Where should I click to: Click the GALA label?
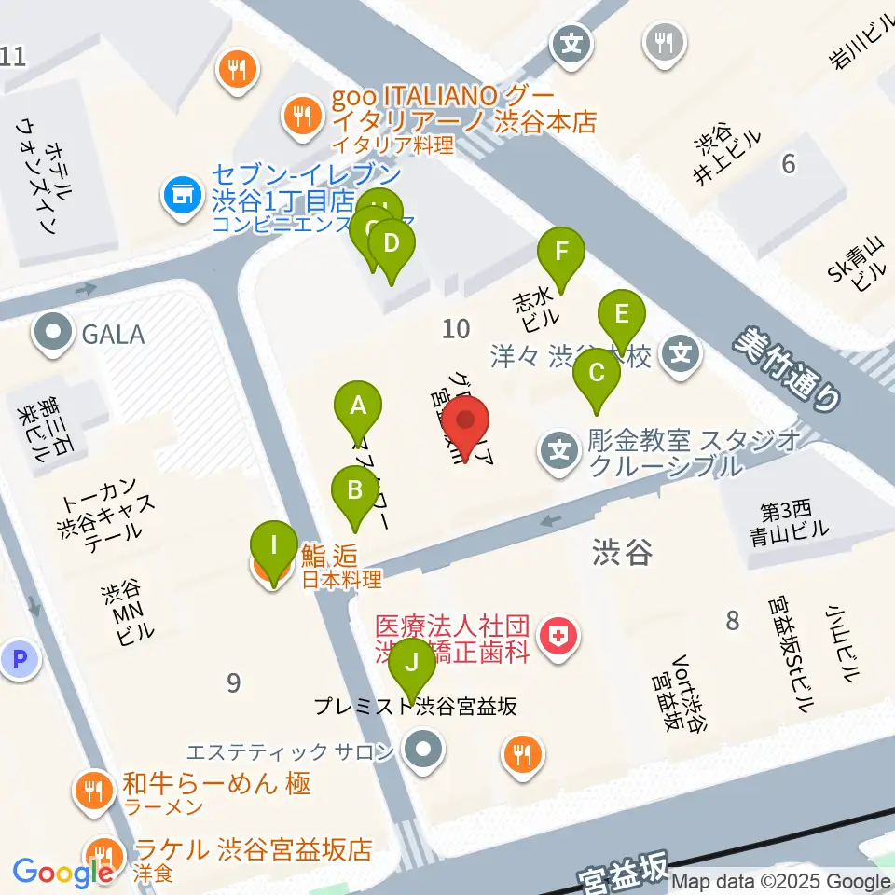[x=112, y=333]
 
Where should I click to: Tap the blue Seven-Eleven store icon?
[x=182, y=195]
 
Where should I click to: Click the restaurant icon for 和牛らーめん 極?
[x=93, y=792]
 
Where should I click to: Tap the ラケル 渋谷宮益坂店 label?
[x=253, y=849]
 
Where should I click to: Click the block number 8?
[x=732, y=620]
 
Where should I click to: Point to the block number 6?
[x=789, y=164]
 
